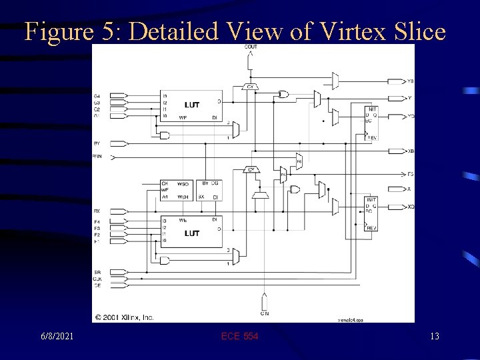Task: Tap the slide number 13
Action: (435, 336)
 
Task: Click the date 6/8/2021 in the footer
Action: (55, 336)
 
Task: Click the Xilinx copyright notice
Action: (124, 317)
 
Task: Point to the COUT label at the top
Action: (251, 47)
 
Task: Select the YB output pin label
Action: (411, 81)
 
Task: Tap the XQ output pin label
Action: (411, 207)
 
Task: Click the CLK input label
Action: (97, 279)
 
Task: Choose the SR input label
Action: (97, 273)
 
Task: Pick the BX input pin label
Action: (97, 211)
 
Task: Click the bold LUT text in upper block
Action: (192, 105)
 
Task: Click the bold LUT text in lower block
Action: (192, 233)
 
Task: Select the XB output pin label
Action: (411, 151)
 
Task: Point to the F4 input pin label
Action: (97, 221)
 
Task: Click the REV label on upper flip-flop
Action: (372, 137)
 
